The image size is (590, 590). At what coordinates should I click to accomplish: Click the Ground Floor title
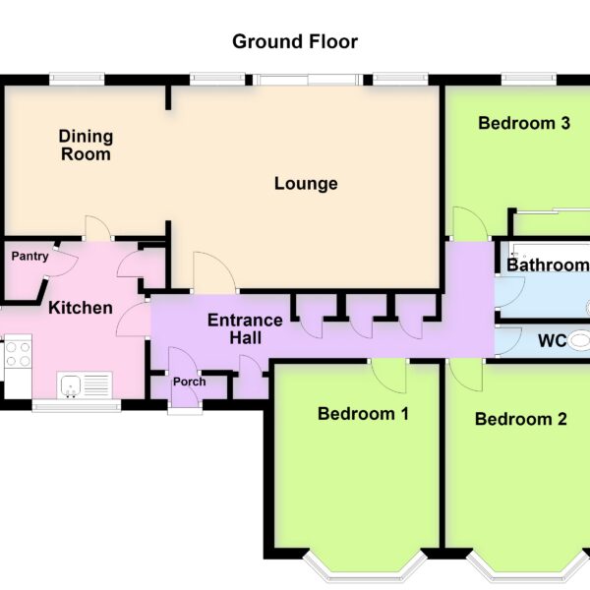click(x=295, y=41)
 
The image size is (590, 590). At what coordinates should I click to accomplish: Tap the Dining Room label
click(x=86, y=146)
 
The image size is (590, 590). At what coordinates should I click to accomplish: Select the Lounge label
click(x=306, y=184)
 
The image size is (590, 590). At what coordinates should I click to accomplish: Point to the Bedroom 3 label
click(x=524, y=123)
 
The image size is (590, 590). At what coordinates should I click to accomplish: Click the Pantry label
click(x=29, y=257)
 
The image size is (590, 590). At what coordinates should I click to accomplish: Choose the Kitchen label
click(x=81, y=308)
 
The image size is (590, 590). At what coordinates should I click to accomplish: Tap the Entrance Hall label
click(x=245, y=328)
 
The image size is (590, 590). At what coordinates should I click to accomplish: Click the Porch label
click(x=189, y=382)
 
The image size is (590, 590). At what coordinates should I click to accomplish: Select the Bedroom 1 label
click(x=363, y=414)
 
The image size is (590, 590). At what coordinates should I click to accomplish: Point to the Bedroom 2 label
click(x=521, y=419)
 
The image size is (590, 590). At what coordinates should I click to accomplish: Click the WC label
click(x=553, y=341)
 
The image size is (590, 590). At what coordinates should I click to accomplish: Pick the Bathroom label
click(x=548, y=265)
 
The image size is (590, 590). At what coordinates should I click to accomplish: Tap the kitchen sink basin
click(x=70, y=384)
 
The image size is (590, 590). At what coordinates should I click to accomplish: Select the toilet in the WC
click(x=579, y=340)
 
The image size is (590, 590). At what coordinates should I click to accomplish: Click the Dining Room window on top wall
click(x=77, y=80)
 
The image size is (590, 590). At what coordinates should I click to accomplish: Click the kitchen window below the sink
click(x=77, y=404)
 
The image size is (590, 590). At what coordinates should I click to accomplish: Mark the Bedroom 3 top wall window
click(x=529, y=80)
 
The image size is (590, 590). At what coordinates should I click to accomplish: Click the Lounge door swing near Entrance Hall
click(x=215, y=272)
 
